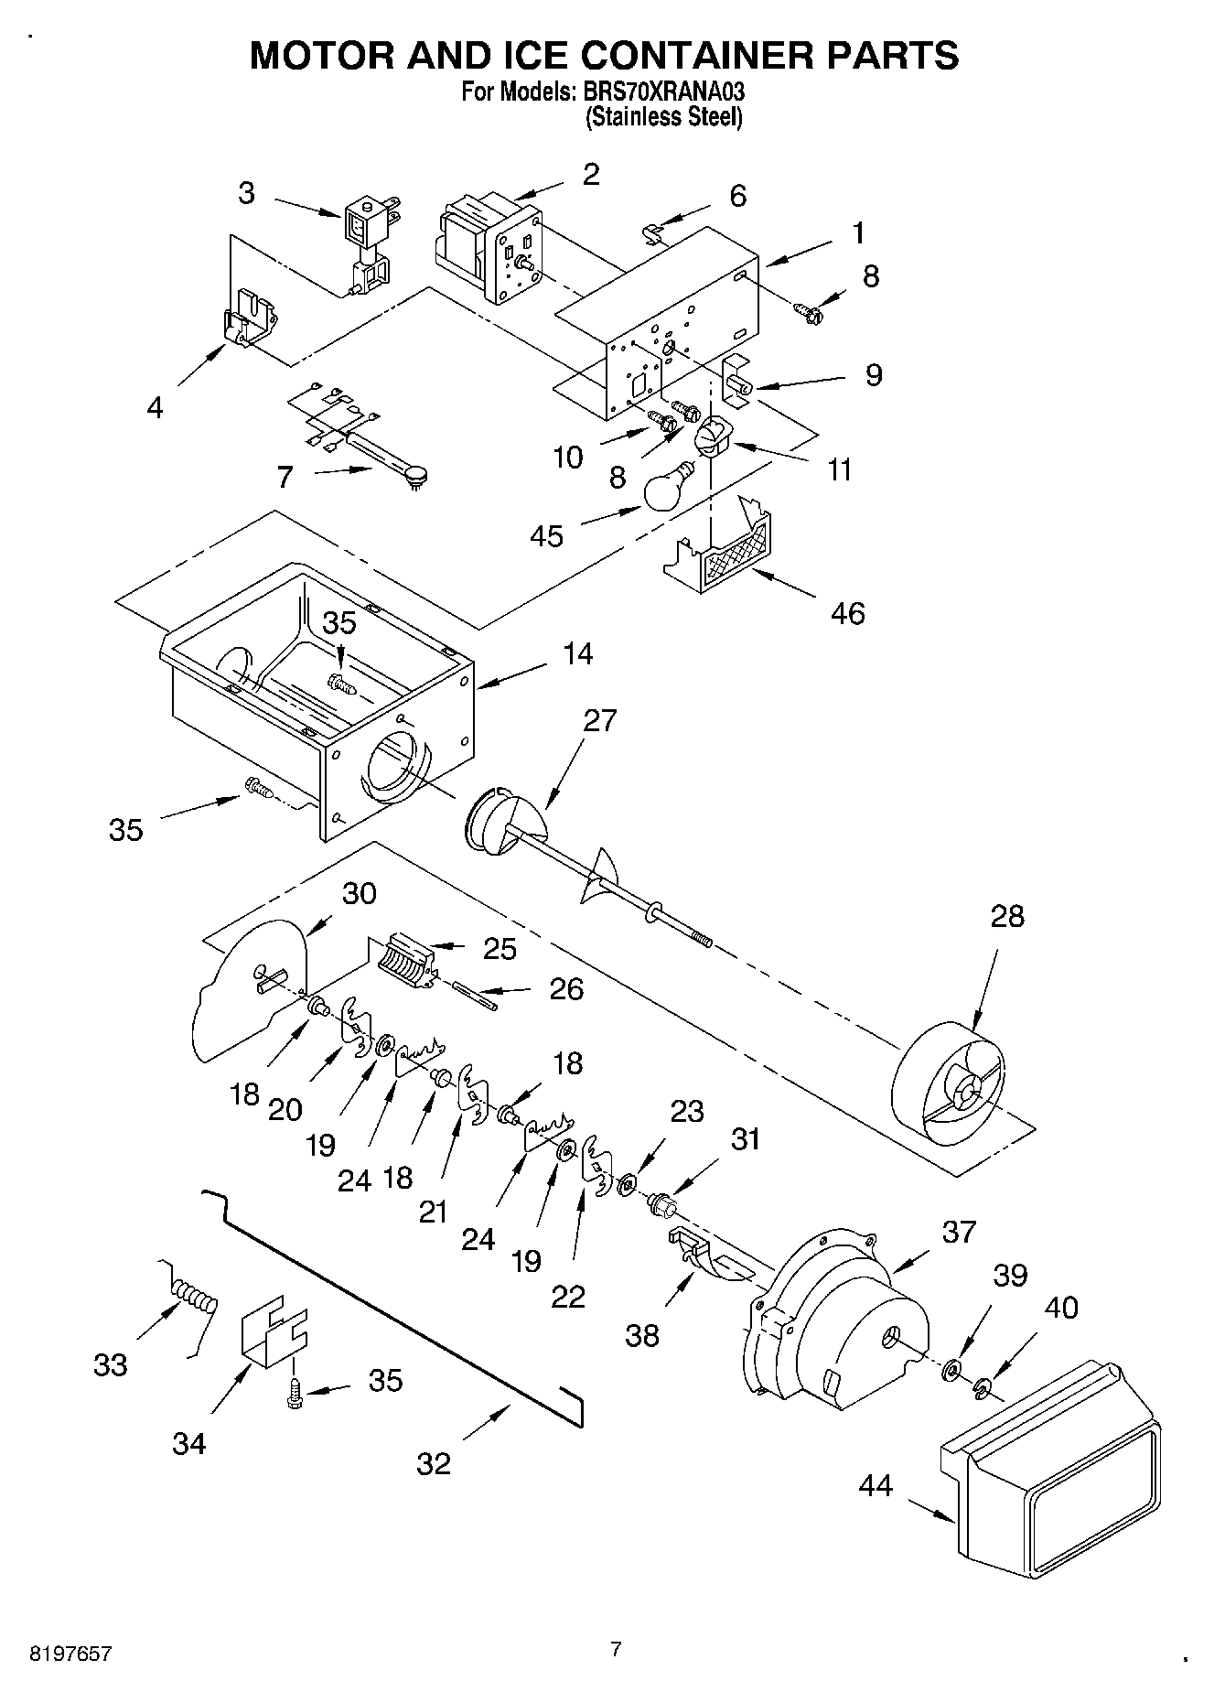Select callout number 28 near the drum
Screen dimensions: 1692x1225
pyautogui.click(x=1007, y=916)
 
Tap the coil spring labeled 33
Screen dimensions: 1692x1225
pyautogui.click(x=195, y=1297)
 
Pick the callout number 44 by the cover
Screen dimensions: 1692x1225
pyautogui.click(x=876, y=1485)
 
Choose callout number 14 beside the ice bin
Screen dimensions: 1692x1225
pyautogui.click(x=577, y=653)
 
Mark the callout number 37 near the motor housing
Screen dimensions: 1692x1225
pyautogui.click(x=959, y=1232)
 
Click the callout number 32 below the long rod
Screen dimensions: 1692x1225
pyautogui.click(x=434, y=1463)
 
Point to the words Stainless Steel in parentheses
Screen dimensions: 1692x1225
pyautogui.click(x=663, y=117)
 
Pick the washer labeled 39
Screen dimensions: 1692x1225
pyautogui.click(x=951, y=1369)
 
